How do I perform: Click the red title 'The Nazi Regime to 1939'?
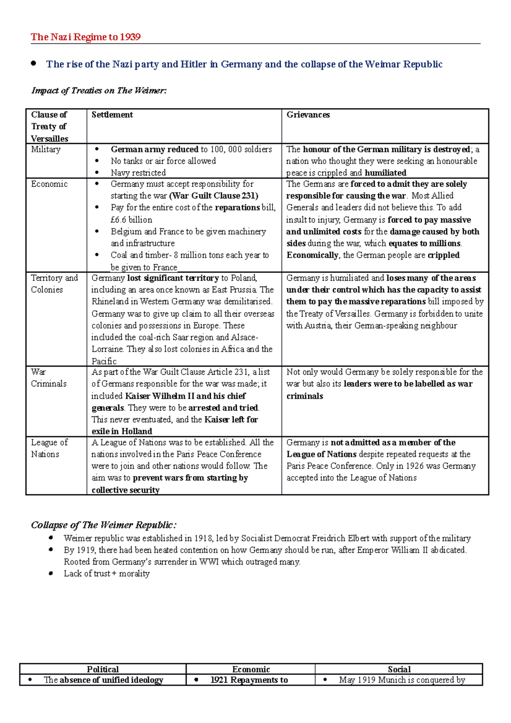pos(86,37)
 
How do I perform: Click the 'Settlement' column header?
pos(112,115)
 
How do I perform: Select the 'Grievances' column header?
pos(308,115)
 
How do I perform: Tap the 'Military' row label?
pos(46,149)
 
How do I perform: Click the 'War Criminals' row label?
pos(49,378)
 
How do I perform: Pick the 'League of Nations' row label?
pos(49,448)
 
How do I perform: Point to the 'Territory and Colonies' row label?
pos(54,284)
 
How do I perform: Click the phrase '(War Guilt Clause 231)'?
pos(214,196)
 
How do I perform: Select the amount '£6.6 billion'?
pos(131,220)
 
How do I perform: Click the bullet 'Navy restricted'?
pos(138,173)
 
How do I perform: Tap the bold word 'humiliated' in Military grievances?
pos(385,173)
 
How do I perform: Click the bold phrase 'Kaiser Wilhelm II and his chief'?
pos(185,396)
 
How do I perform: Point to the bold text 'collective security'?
pos(125,490)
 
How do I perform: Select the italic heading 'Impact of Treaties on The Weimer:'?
pos(99,90)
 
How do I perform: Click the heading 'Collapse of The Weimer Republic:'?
pos(103,525)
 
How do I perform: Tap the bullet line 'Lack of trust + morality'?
pos(106,574)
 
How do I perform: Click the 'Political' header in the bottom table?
pos(103,669)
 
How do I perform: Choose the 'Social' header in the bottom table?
pos(399,669)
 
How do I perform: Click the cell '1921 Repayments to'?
pos(249,680)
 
